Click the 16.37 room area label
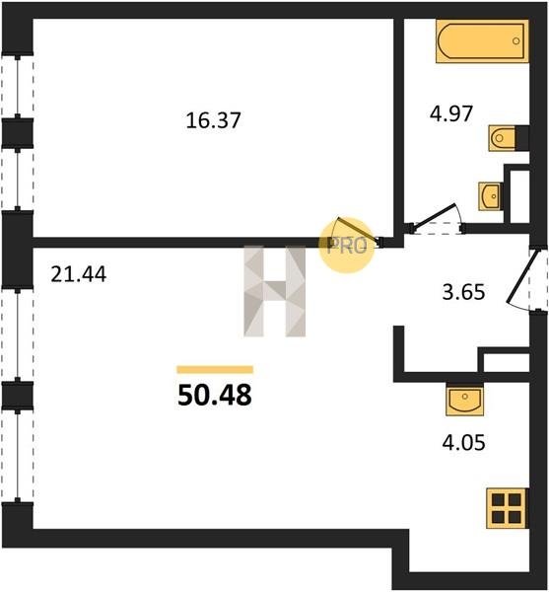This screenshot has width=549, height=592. tap(214, 120)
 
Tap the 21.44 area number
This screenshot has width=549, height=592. tap(79, 274)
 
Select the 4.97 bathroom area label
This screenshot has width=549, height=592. tap(451, 113)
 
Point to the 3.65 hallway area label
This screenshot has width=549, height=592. tap(463, 292)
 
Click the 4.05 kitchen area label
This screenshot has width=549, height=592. tap(463, 442)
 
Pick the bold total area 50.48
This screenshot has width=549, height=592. tap(215, 396)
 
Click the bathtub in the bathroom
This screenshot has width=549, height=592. tap(482, 41)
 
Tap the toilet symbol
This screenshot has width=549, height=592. tap(502, 138)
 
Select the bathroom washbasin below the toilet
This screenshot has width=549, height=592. tap(490, 196)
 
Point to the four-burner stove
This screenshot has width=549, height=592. tap(507, 508)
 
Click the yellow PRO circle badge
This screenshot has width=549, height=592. tap(347, 246)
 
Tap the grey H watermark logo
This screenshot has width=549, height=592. tap(274, 291)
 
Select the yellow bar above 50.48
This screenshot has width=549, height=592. tap(215, 370)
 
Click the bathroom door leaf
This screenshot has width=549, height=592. tap(435, 216)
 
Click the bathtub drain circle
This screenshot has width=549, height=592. tap(516, 41)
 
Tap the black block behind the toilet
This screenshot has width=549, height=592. tap(521, 138)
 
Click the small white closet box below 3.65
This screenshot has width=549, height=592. tap(507, 363)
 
